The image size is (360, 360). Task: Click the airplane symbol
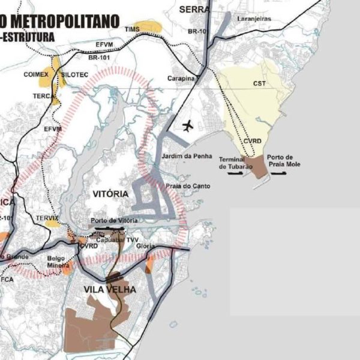(188, 126)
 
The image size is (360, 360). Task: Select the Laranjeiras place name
(254, 19)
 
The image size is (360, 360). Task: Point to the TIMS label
(132, 29)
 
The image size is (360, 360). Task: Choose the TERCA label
(43, 96)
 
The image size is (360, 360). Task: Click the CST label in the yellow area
(260, 84)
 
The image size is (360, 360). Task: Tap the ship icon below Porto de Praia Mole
(280, 173)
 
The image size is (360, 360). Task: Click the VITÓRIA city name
(111, 194)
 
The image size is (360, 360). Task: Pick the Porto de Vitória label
(114, 221)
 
